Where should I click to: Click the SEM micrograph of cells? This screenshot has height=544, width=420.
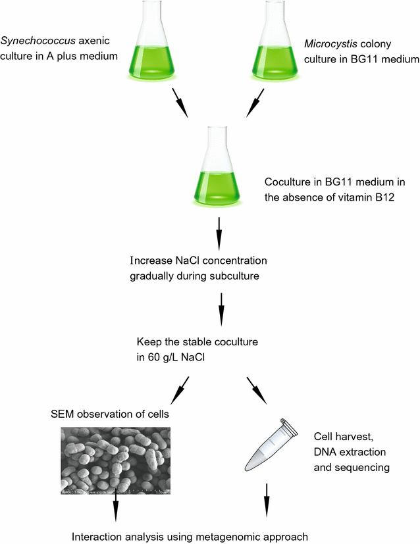point(115,460)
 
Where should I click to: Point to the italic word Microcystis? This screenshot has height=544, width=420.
point(328,45)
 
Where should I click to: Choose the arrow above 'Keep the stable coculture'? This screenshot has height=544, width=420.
point(219,304)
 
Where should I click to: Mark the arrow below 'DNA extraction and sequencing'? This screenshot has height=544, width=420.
point(267,500)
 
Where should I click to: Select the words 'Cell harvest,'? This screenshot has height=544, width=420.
point(343,437)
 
